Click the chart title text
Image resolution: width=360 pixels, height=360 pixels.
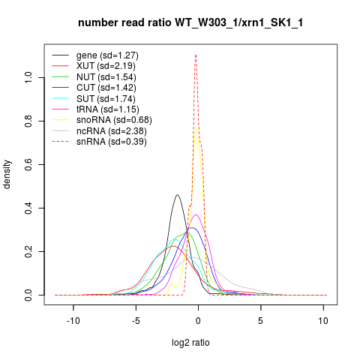coord(190,22)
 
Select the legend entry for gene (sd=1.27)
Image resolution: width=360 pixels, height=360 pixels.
coord(107,55)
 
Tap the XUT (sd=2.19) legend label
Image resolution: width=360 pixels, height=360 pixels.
coord(106,66)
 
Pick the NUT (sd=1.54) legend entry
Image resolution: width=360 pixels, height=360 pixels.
coord(106,77)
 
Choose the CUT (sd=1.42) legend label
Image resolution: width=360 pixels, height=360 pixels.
coord(106,88)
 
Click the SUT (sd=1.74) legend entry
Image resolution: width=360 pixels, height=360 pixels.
coord(106,99)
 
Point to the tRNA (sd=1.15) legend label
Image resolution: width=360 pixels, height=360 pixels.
coord(108,109)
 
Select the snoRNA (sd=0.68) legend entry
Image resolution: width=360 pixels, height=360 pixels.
coord(114,120)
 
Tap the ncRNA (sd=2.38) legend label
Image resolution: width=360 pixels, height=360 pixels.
coord(112,131)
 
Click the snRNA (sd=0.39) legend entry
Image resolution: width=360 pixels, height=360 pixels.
coord(112,142)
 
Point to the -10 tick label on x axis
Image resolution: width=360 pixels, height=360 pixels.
coord(73,320)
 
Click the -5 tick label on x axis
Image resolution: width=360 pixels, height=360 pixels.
coord(136,320)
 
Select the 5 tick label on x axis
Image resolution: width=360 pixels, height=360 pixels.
coord(261,320)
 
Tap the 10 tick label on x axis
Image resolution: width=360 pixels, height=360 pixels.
coord(323,320)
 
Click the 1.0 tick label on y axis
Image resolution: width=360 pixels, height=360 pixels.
coord(28,78)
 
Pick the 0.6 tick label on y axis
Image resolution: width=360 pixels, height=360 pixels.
coord(28,164)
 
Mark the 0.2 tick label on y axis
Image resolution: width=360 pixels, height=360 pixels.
coord(28,251)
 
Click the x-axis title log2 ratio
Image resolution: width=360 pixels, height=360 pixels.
coord(190,343)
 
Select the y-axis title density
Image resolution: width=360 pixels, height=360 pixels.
coord(7,175)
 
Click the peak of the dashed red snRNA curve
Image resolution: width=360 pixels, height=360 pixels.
coord(196,55)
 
